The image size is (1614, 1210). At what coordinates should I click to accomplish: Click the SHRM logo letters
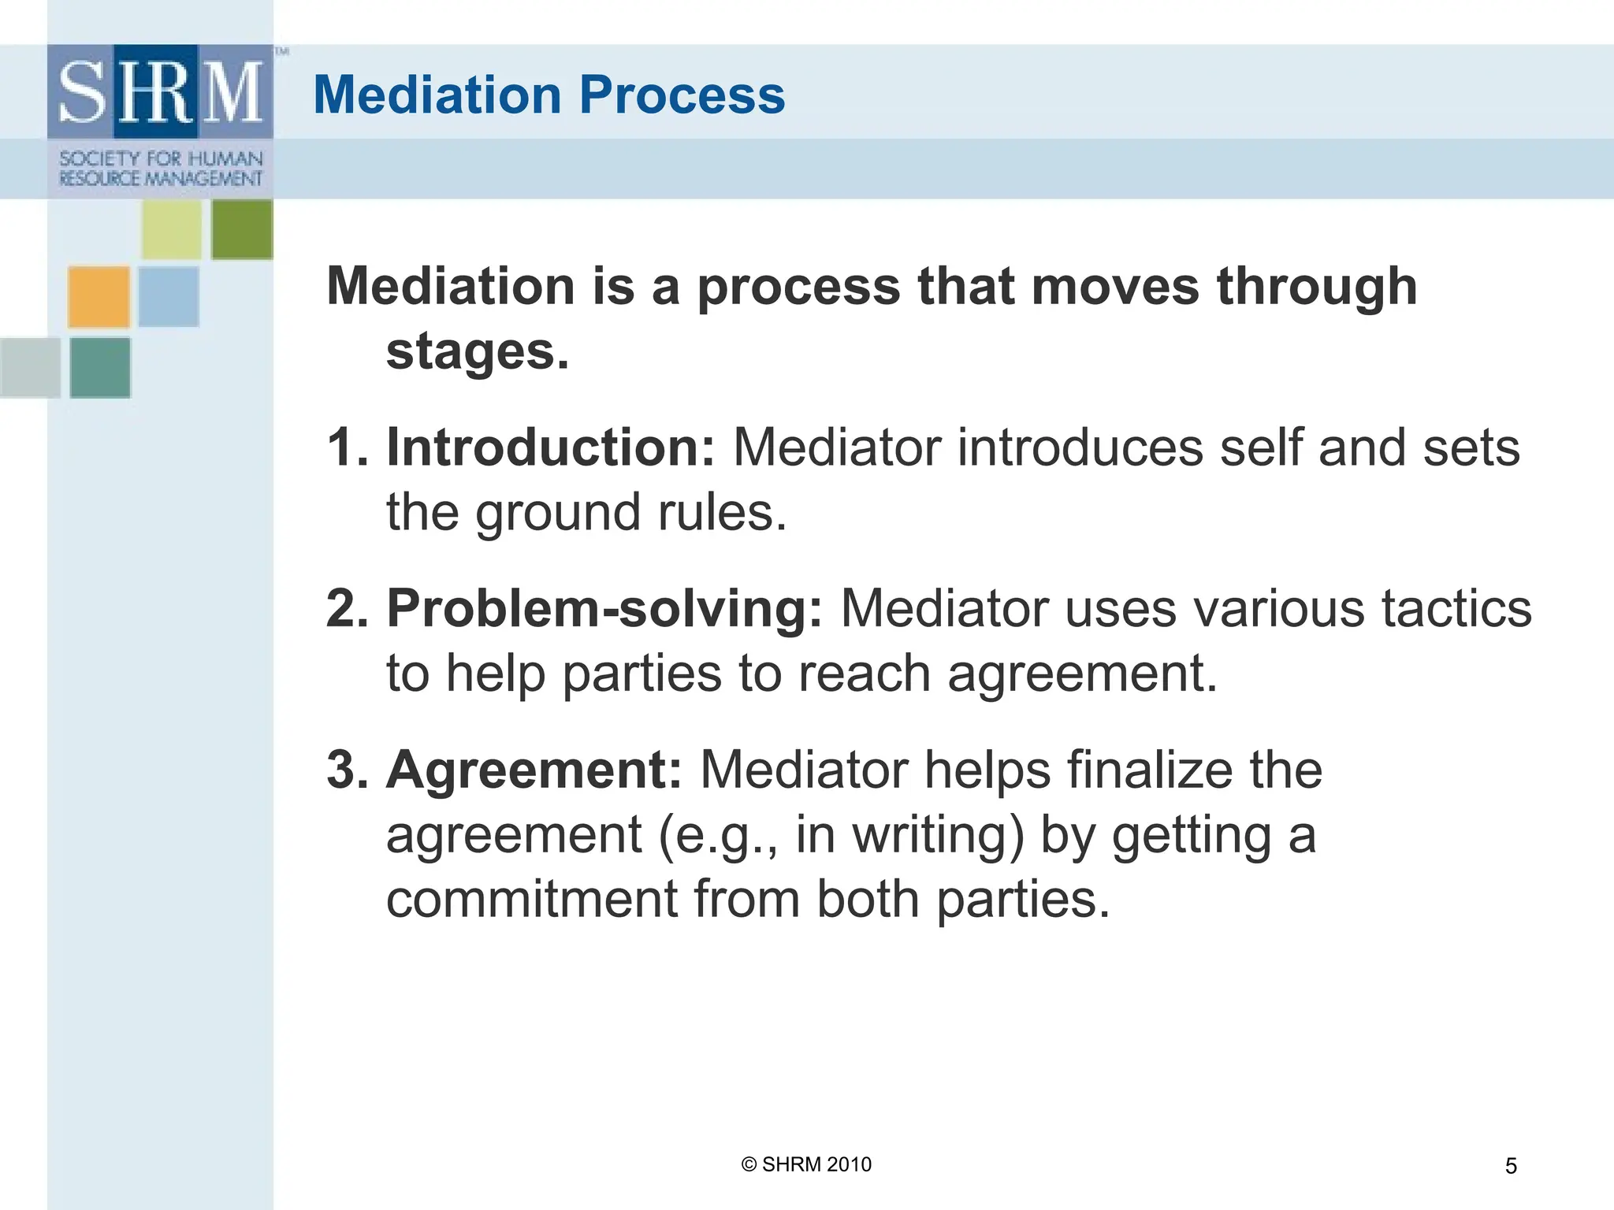click(160, 92)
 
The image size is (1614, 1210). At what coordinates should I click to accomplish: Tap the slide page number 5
click(1510, 1166)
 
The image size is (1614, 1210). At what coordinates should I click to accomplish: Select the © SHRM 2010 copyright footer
click(806, 1164)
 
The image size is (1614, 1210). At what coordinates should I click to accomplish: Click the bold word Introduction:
click(550, 447)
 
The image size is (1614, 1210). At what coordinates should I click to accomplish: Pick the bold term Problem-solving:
click(604, 608)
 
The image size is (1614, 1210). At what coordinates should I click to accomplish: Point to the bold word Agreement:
click(534, 769)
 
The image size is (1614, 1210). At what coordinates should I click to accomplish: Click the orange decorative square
click(99, 297)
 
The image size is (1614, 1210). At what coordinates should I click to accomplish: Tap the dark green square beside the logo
click(242, 229)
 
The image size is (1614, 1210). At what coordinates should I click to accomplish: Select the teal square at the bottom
click(100, 368)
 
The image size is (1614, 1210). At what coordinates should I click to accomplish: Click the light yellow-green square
click(172, 229)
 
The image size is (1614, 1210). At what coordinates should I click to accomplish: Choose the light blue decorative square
click(169, 297)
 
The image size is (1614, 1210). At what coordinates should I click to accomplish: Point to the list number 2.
click(346, 608)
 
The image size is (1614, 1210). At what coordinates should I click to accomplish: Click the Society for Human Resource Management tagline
click(161, 169)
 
